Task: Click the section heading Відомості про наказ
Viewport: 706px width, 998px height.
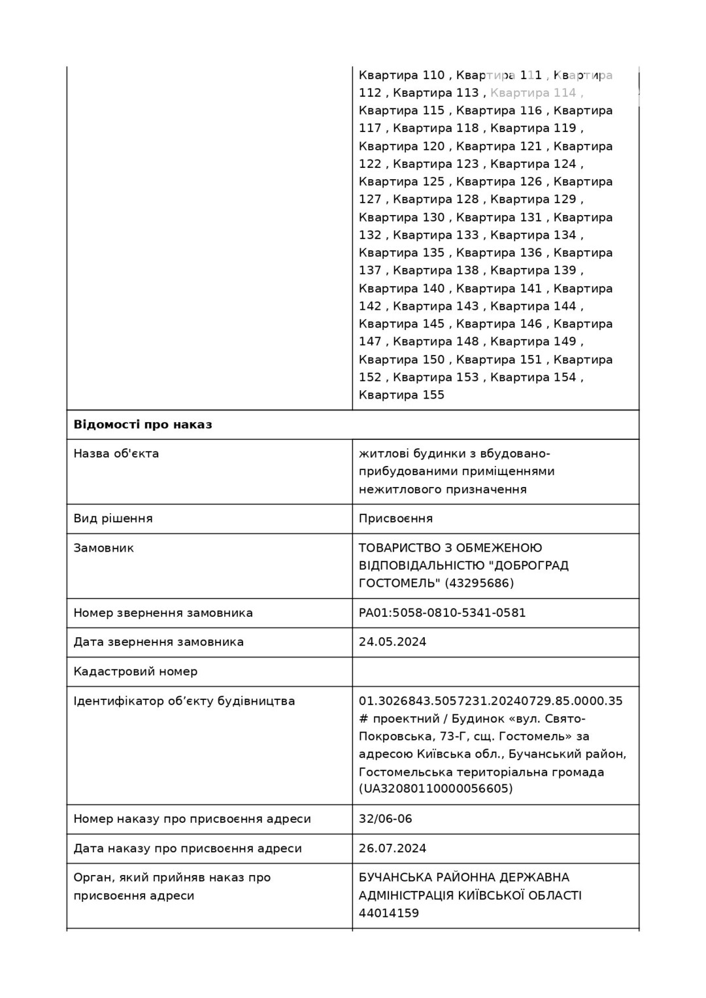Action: [143, 425]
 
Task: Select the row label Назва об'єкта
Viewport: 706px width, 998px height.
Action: [116, 454]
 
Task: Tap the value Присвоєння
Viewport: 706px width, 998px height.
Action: [395, 518]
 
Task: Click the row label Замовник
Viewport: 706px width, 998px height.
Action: [103, 548]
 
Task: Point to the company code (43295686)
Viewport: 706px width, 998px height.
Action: [479, 583]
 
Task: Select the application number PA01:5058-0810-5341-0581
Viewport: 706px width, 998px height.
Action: [442, 613]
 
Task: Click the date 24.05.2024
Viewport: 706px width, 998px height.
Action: [392, 642]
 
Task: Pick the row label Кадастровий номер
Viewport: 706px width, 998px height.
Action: [135, 671]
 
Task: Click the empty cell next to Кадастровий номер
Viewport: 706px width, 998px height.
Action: [495, 671]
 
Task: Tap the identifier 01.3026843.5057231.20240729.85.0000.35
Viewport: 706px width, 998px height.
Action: [490, 701]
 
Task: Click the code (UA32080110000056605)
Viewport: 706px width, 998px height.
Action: [435, 789]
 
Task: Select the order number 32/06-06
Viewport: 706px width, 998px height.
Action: [385, 819]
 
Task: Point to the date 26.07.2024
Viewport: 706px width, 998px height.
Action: [392, 848]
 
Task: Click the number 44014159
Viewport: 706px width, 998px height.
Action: [388, 913]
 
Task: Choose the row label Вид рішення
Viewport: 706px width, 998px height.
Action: [113, 518]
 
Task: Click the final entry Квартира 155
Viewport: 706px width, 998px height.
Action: [401, 395]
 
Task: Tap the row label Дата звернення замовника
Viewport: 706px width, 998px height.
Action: [158, 642]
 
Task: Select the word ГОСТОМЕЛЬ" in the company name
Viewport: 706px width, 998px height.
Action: [399, 583]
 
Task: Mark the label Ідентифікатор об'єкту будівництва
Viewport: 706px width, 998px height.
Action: [184, 701]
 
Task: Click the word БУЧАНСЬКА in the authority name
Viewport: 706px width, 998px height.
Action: [395, 878]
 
